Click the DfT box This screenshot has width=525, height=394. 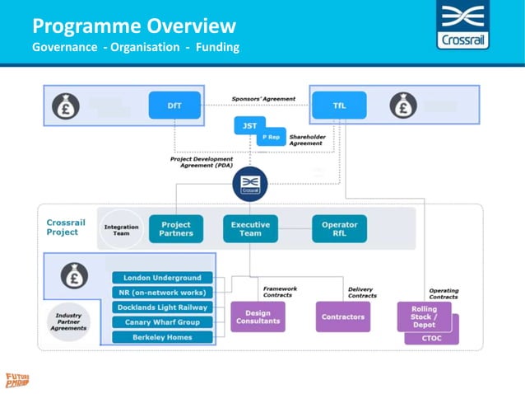click(174, 106)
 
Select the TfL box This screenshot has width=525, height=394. click(338, 106)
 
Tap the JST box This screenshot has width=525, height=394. click(249, 125)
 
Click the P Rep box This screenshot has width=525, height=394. click(271, 138)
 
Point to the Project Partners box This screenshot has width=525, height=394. click(175, 228)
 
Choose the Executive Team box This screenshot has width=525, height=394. click(250, 228)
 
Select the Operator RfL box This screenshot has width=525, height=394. click(339, 228)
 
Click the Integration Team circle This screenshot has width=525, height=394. click(121, 229)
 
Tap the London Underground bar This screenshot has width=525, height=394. click(162, 278)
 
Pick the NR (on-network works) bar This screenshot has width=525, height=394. click(162, 293)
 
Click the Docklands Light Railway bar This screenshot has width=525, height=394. click(162, 307)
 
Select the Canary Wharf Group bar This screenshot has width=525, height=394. click(162, 322)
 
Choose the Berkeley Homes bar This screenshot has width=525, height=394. click(162, 337)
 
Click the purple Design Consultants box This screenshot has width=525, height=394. click(258, 317)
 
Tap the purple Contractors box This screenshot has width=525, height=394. click(342, 317)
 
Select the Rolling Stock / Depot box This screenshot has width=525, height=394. click(424, 317)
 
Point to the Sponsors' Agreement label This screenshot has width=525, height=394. click(263, 99)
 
